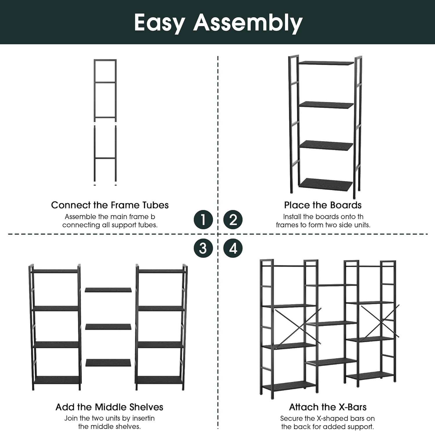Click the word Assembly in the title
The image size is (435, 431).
click(248, 23)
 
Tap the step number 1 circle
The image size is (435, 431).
click(203, 219)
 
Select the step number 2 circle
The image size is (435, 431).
click(233, 219)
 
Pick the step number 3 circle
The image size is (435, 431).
click(203, 248)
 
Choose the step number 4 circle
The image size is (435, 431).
click(233, 248)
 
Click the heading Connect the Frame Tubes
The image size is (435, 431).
click(110, 205)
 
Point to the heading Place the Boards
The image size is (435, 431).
click(323, 205)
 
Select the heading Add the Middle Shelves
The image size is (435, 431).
click(109, 407)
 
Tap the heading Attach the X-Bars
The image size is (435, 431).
click(328, 407)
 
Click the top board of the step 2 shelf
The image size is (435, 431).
click(326, 63)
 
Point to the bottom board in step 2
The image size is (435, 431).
click(326, 185)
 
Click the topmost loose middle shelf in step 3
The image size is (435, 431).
click(108, 290)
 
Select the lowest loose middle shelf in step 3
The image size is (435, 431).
click(108, 363)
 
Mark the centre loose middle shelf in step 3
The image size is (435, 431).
click(108, 327)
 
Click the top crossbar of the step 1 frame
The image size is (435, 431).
click(105, 60)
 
